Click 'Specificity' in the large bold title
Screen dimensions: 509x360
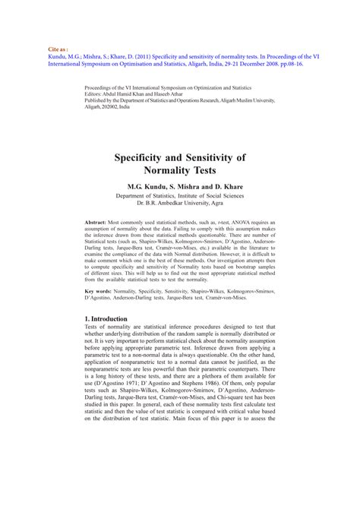151,157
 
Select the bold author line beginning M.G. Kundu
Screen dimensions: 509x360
179,186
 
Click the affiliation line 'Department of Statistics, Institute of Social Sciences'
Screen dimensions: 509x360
179,195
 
